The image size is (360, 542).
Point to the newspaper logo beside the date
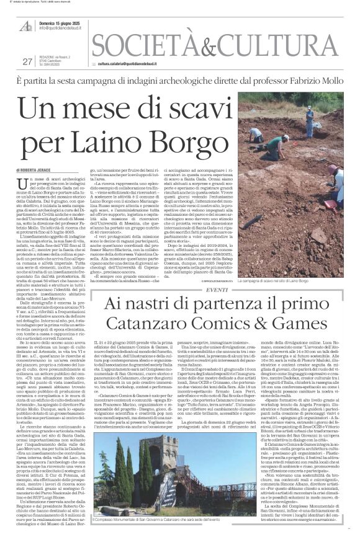point(26,25)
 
